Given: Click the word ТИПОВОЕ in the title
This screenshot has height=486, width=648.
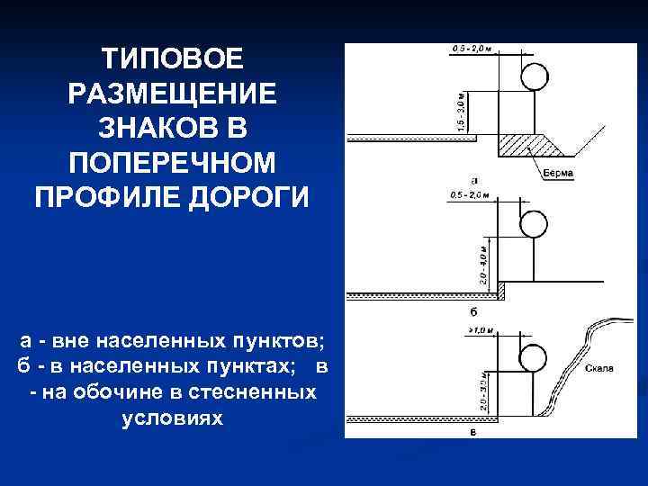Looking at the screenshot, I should (x=171, y=59).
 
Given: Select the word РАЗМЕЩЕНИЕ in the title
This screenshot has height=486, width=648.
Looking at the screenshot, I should (x=171, y=94).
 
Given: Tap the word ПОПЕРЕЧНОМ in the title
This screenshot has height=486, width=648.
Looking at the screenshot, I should (x=171, y=163).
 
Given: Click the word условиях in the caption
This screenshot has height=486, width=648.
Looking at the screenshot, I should (x=171, y=418).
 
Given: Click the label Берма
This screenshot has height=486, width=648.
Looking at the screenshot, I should (x=559, y=171).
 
